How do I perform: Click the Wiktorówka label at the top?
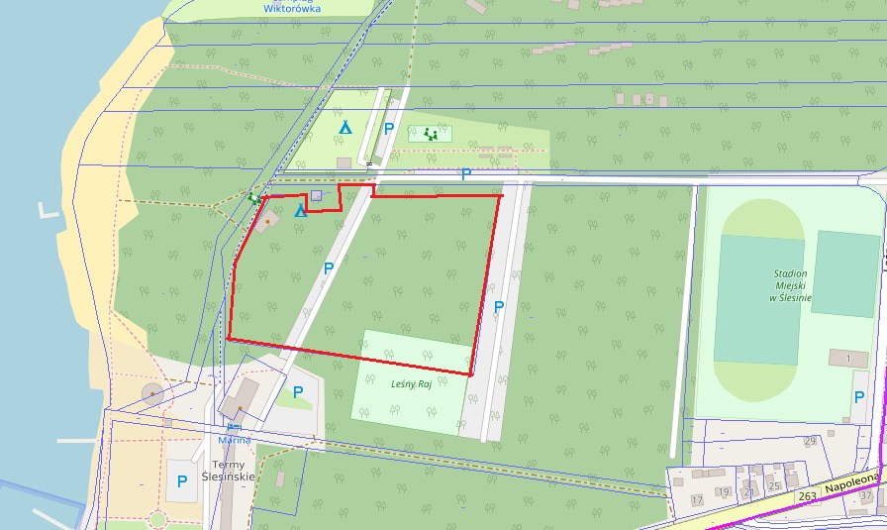[x=291, y=8]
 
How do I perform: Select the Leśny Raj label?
[x=411, y=383]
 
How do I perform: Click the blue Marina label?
[x=235, y=440]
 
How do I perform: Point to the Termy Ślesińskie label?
[x=235, y=470]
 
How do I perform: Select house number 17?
[x=697, y=499]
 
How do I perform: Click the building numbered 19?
[x=724, y=492]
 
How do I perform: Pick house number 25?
[x=775, y=485]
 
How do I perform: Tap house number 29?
[x=810, y=441]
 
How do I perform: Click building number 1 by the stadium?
[x=848, y=357]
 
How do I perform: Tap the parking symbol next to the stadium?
[x=858, y=396]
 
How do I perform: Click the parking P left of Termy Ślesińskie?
[x=182, y=481]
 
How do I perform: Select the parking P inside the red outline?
[x=329, y=267]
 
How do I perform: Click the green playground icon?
[x=431, y=133]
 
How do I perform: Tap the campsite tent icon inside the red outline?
[x=300, y=211]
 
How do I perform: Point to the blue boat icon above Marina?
[x=234, y=427]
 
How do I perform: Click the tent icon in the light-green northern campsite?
[x=345, y=127]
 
